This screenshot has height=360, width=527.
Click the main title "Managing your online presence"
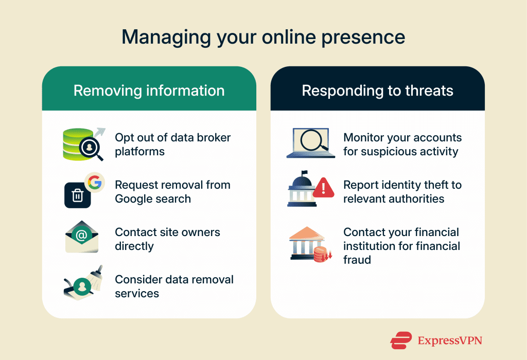tap(263, 37)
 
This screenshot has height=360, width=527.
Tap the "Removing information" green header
tap(149, 91)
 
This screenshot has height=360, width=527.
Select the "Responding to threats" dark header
tap(377, 91)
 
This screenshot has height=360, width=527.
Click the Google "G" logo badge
tap(94, 182)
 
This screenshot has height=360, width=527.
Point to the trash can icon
tap(77, 195)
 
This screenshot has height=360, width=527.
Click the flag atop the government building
tap(304, 173)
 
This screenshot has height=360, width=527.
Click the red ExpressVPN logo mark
tap(401, 340)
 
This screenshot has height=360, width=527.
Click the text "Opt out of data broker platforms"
tap(172, 145)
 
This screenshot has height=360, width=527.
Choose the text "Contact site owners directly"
tap(167, 239)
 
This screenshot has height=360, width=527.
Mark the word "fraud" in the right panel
tap(357, 259)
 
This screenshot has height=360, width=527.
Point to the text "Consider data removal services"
tap(174, 286)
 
